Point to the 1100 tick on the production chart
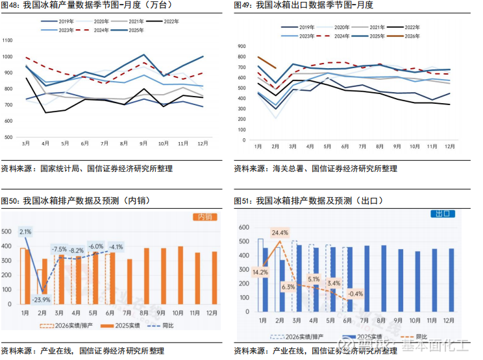(8, 41)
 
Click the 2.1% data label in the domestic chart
(25, 232)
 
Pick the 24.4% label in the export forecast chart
(280, 232)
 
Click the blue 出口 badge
(444, 213)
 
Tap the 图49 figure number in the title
(244, 5)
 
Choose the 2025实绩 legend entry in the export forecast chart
(369, 337)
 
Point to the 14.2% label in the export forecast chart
(260, 272)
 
